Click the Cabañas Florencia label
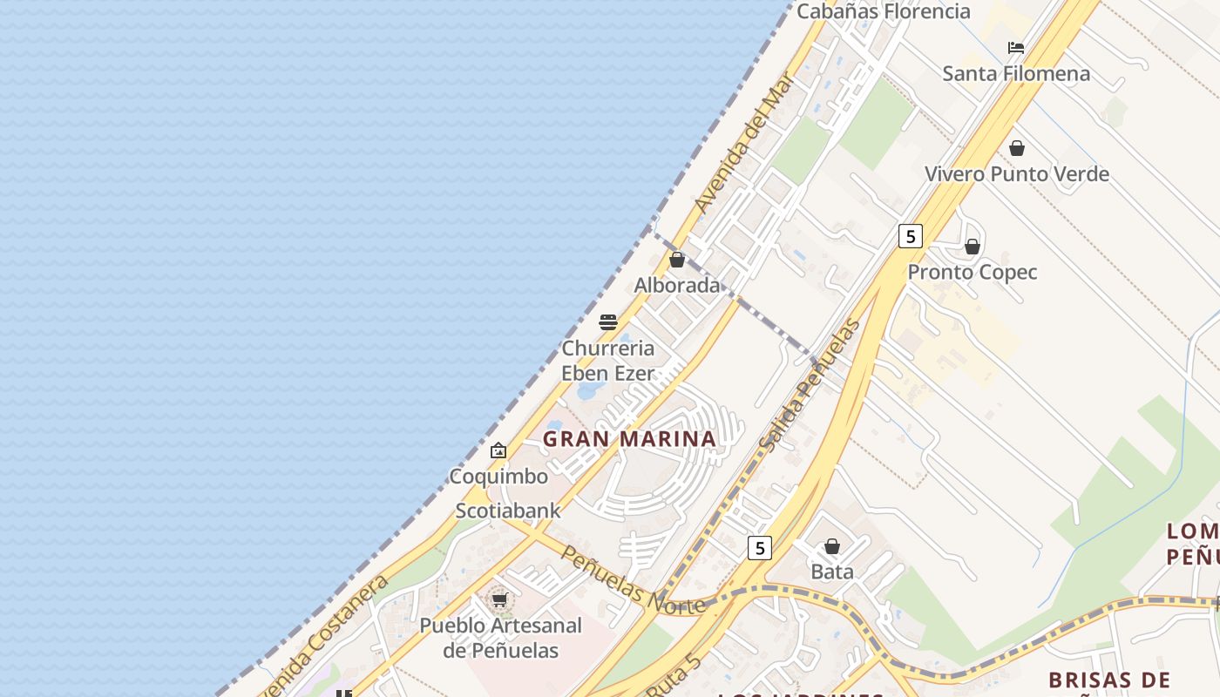click(x=884, y=11)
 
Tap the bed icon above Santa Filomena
click(x=1016, y=48)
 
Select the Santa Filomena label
click(x=1016, y=73)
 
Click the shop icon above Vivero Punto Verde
click(x=1017, y=148)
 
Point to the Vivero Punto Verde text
click(x=1017, y=173)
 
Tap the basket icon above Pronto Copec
click(x=973, y=247)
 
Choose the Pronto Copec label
click(x=973, y=272)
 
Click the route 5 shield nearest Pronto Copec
click(x=911, y=235)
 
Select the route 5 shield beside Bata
click(x=760, y=548)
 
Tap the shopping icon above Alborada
click(x=677, y=260)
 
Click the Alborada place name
click(x=677, y=285)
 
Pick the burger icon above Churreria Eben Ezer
click(x=608, y=322)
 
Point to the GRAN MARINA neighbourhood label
click(x=629, y=439)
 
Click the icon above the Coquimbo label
click(x=498, y=450)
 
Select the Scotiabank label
click(x=508, y=511)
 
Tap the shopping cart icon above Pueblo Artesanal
click(x=499, y=599)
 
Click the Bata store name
click(x=832, y=572)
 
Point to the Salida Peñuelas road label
click(x=810, y=385)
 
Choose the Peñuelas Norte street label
click(x=632, y=580)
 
